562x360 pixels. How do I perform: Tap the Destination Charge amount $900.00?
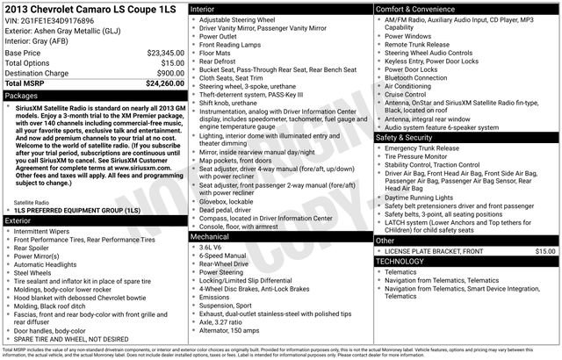coord(169,74)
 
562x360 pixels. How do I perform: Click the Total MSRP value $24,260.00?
coord(164,84)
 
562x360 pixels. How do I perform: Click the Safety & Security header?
coord(405,138)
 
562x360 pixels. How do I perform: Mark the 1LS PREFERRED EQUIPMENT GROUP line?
coord(77,212)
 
